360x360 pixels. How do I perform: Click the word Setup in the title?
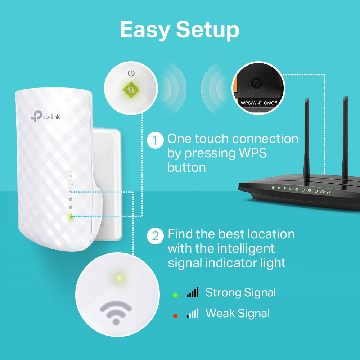pos(208,31)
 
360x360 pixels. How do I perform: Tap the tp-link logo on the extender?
pos(45,116)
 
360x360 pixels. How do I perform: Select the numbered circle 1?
pos(155,140)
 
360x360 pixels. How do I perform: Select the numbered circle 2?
pos(155,236)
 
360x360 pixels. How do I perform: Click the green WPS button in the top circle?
pos(131,90)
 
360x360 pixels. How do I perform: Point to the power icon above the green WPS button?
pos(131,73)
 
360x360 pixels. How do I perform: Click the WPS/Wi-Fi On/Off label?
pos(259,103)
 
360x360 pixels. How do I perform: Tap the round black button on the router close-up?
pos(256,82)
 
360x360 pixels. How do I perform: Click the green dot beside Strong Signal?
pos(175,295)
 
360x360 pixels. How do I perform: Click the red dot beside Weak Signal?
pos(175,316)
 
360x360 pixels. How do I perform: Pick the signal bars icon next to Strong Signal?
pos(193,292)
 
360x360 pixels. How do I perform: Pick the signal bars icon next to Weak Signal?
pos(193,313)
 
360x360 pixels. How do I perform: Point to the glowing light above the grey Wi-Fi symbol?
pos(119,278)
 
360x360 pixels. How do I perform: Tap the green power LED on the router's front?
pos(273,187)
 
